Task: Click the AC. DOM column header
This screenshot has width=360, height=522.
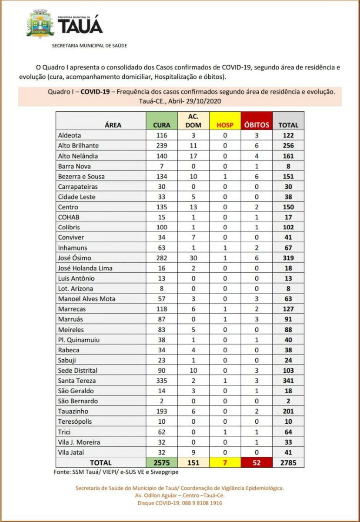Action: (193, 121)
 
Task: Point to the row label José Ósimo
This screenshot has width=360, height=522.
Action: (74, 258)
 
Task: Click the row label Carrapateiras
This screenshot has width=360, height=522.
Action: (78, 187)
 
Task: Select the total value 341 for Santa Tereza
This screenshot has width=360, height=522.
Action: (288, 381)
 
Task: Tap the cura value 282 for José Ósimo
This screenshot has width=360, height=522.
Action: (162, 258)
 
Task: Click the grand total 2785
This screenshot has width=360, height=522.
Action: (288, 462)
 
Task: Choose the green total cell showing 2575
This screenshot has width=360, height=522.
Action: (162, 462)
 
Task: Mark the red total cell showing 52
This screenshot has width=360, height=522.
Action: (257, 462)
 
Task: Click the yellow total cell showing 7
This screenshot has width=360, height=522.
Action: (225, 462)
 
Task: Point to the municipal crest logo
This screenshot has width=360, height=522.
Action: (40, 24)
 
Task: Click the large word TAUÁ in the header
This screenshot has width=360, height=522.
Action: (80, 26)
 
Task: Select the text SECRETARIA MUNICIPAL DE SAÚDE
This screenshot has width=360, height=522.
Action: (90, 45)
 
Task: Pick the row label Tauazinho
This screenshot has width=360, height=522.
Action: (73, 411)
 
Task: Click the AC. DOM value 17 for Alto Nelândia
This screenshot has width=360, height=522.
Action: (193, 156)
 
